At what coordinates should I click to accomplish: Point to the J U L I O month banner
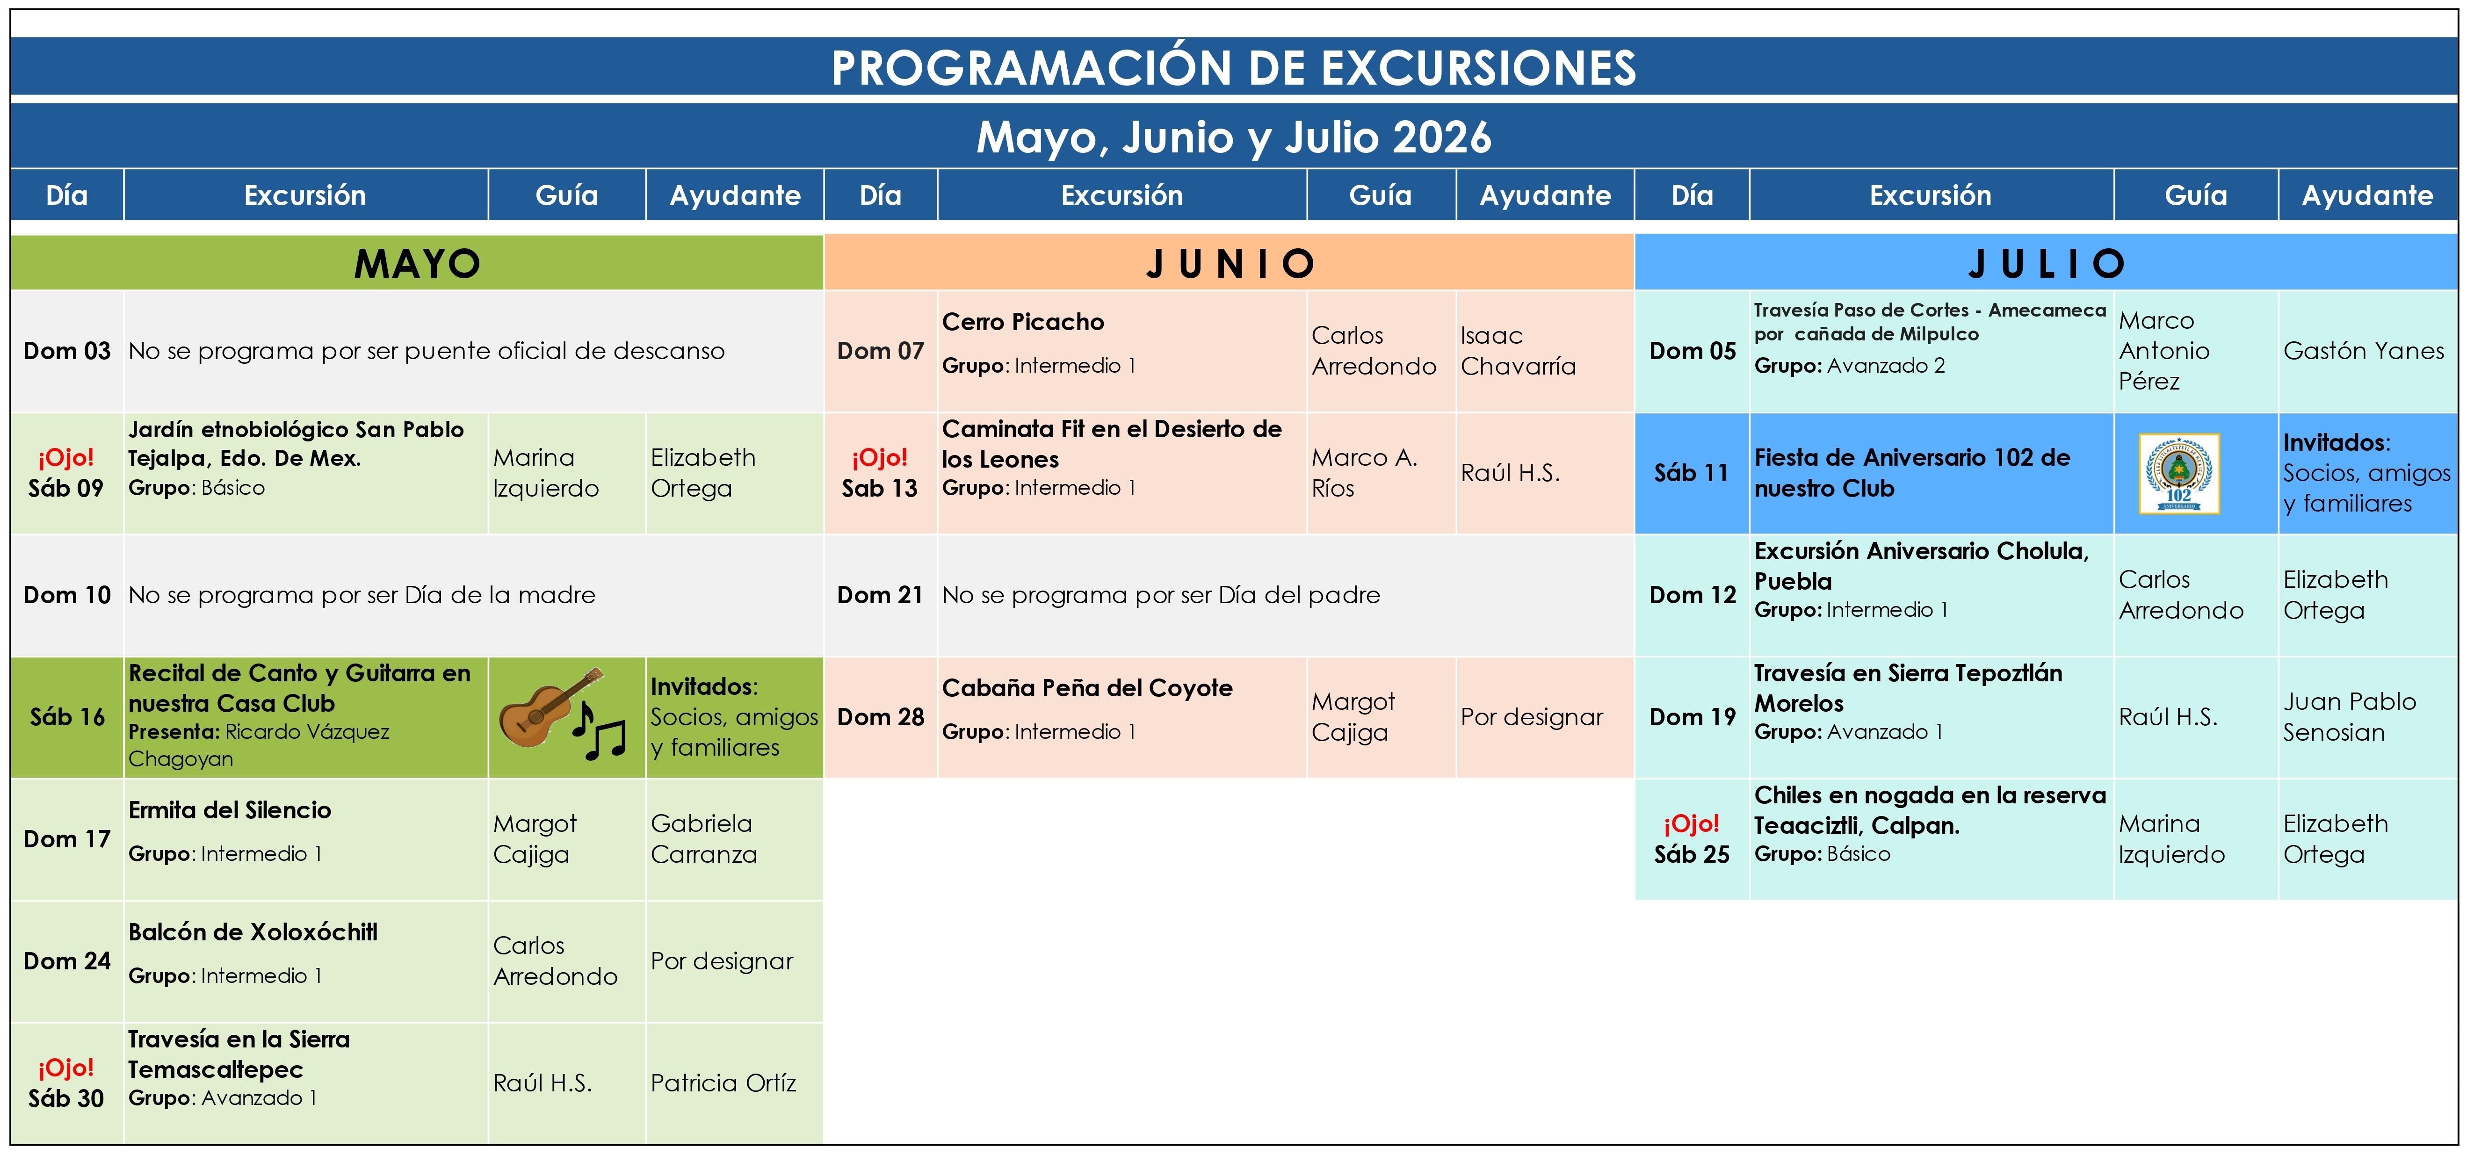[2047, 262]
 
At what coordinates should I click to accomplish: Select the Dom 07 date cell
[880, 352]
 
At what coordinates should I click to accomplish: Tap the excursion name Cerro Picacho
[1023, 322]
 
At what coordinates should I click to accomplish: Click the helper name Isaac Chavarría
[1518, 351]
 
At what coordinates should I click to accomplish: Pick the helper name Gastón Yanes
[2364, 352]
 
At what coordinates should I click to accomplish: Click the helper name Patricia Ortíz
[723, 1083]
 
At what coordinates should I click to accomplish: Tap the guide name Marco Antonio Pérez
[2164, 351]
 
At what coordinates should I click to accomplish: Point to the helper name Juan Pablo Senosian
[2349, 716]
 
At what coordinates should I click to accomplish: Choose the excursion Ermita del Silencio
[230, 810]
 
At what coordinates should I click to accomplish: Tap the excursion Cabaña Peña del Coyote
[1087, 688]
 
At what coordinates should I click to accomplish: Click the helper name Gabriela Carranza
[704, 839]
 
